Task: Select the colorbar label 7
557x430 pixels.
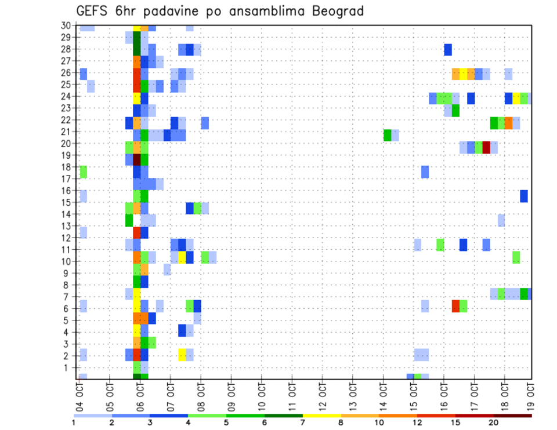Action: pos(303,422)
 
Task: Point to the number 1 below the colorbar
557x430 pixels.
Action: pos(74,422)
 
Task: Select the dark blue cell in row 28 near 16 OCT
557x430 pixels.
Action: pos(448,50)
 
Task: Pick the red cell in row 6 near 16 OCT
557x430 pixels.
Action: pos(455,306)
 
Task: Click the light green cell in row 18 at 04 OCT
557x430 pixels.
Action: pos(84,172)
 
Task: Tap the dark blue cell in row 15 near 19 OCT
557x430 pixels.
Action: pos(524,196)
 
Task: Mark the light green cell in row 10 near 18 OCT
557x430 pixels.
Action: pos(516,257)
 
